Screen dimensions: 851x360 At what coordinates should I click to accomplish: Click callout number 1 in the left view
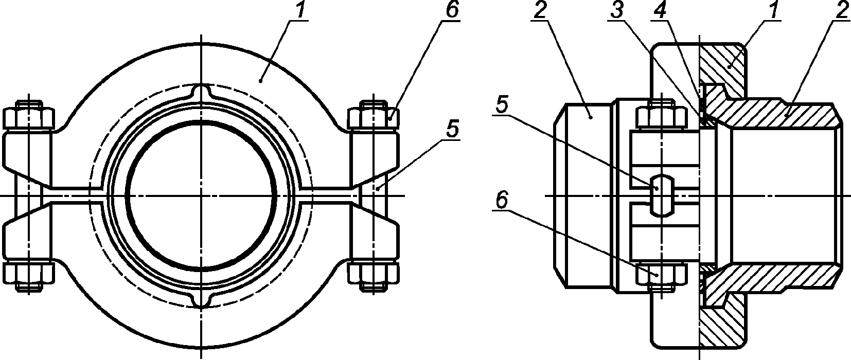(x=300, y=11)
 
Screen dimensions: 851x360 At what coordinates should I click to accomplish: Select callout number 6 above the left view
(x=452, y=11)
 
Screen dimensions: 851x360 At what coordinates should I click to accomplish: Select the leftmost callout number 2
(x=540, y=11)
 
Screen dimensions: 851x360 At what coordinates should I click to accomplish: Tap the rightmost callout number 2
(x=840, y=11)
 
